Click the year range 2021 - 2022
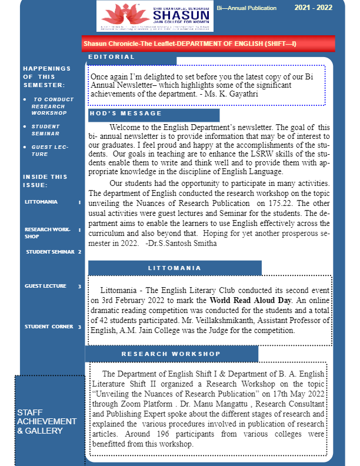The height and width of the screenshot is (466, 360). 313,8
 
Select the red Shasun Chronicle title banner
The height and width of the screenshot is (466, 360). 208,44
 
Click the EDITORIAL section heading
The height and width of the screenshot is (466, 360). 112,57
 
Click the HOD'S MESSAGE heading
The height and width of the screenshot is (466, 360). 126,114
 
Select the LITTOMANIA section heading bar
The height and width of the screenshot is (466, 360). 174,268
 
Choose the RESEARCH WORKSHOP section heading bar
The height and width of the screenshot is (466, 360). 171,354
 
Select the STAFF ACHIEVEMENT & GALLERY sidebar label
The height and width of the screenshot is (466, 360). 46,421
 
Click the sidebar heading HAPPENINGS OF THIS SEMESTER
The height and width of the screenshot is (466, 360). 46,76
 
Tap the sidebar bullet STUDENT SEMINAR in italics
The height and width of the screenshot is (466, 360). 46,130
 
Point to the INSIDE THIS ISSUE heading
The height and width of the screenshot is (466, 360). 45,181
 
